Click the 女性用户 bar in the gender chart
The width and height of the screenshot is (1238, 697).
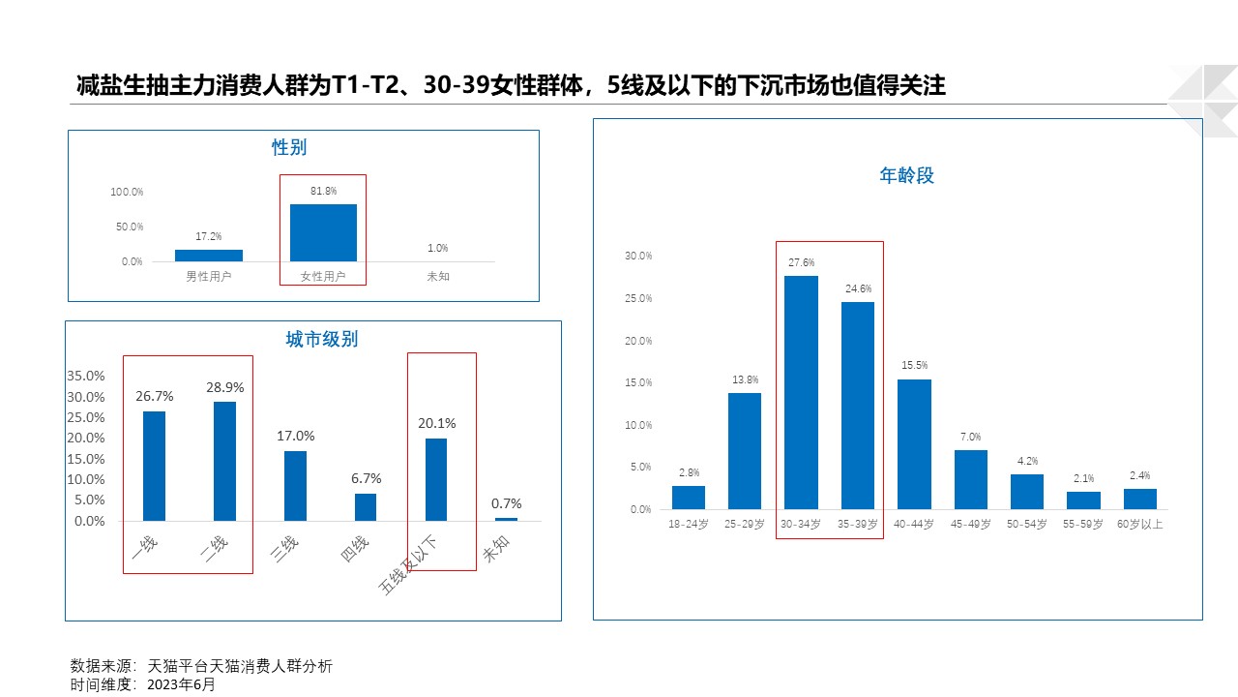323,232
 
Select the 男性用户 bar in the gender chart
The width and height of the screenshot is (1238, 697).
208,256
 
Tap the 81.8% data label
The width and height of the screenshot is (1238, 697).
323,192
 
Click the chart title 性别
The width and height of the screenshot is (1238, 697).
289,147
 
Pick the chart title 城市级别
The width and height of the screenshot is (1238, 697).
321,339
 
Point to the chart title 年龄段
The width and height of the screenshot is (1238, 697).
906,175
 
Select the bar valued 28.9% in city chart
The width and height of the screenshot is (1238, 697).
224,461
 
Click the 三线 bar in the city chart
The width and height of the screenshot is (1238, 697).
295,486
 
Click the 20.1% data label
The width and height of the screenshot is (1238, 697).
437,423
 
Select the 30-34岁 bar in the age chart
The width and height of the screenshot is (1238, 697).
801,392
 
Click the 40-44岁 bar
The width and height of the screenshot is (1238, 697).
914,443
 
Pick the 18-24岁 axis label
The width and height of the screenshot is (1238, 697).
689,524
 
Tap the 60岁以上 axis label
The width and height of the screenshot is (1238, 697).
1139,524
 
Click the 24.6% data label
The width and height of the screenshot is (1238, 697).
858,288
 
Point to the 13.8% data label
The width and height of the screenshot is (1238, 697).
745,379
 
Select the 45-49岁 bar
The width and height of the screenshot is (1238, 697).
971,479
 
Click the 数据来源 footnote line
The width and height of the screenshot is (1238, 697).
201,666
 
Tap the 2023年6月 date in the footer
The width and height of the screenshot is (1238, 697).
181,684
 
